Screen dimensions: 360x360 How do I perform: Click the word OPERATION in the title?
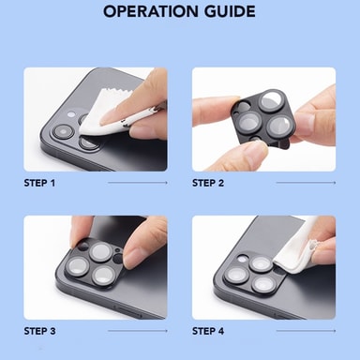[x=151, y=11]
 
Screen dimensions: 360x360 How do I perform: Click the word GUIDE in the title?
[x=230, y=11]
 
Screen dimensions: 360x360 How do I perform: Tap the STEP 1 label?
[x=39, y=183]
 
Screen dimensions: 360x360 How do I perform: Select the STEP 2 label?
[x=208, y=183]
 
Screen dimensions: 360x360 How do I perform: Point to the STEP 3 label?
[x=39, y=331]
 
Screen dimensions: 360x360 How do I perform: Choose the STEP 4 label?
[x=208, y=331]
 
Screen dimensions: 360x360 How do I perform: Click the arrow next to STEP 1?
[x=138, y=183]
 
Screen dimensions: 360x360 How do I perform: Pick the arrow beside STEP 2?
[x=306, y=183]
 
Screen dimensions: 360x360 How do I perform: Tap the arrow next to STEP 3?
[x=138, y=331]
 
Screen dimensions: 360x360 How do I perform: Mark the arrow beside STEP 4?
[x=306, y=331]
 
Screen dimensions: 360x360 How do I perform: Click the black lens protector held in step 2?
[x=263, y=119]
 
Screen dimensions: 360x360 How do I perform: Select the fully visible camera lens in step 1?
[x=64, y=131]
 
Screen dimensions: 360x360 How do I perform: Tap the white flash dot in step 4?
[x=242, y=259]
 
